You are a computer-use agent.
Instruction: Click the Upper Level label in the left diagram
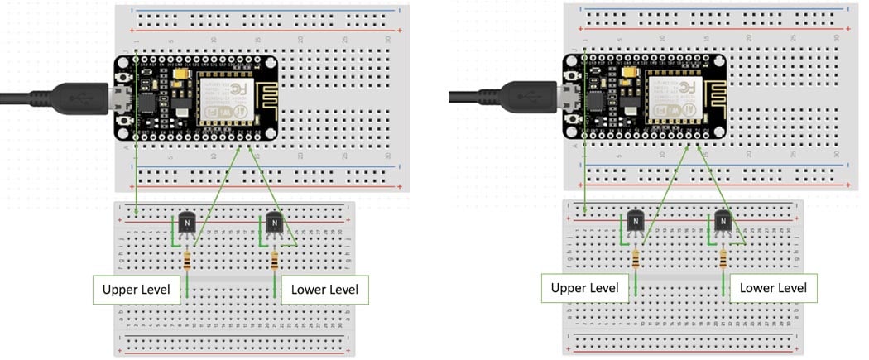click(x=136, y=290)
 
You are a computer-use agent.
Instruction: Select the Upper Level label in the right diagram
click(x=584, y=288)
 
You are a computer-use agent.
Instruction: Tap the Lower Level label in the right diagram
click(x=773, y=288)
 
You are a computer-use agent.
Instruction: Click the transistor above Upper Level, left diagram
click(x=188, y=224)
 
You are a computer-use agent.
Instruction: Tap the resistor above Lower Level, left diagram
click(x=275, y=261)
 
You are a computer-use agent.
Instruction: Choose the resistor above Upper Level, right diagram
click(x=636, y=259)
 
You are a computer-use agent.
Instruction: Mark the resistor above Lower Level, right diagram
click(x=723, y=259)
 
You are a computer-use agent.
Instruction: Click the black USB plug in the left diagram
click(x=79, y=98)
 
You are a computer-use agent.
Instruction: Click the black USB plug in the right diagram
click(x=527, y=97)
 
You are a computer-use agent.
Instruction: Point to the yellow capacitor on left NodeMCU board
click(x=180, y=74)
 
